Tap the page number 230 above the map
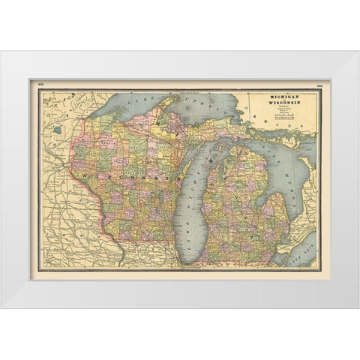(319, 85)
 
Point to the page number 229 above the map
(41, 85)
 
